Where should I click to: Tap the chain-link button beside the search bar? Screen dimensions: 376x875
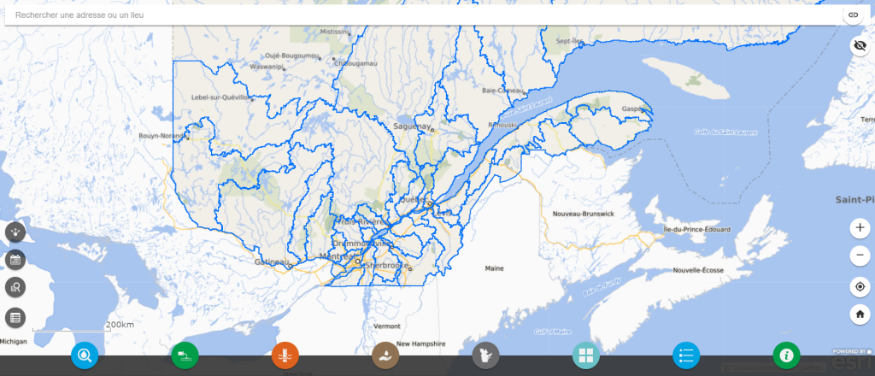click(853, 15)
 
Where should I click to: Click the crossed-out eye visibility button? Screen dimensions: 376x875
click(860, 46)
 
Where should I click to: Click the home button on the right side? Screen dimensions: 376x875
click(860, 314)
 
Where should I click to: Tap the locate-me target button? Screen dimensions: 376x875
click(860, 286)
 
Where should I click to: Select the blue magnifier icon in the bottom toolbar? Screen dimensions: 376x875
click(85, 355)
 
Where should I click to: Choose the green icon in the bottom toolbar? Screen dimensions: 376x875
click(185, 355)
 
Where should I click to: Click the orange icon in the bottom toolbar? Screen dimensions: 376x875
click(285, 355)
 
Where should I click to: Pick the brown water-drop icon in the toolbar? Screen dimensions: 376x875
click(385, 355)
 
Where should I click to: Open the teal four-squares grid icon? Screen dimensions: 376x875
click(586, 355)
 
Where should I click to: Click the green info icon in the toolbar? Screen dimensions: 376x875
click(786, 355)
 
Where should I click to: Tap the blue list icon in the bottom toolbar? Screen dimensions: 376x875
click(686, 355)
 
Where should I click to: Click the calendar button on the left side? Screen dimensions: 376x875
click(15, 260)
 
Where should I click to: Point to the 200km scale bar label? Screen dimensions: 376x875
click(120, 325)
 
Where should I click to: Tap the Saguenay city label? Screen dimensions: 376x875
click(411, 126)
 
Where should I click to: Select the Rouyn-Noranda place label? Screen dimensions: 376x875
click(163, 135)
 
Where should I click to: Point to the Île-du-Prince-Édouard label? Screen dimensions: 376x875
click(696, 231)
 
